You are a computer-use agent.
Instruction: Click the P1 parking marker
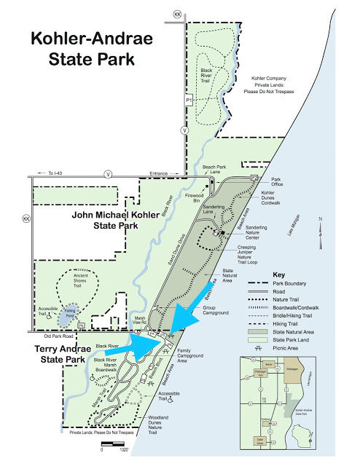pos(188,100)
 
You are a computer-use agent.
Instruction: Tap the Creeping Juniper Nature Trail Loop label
pos(246,256)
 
